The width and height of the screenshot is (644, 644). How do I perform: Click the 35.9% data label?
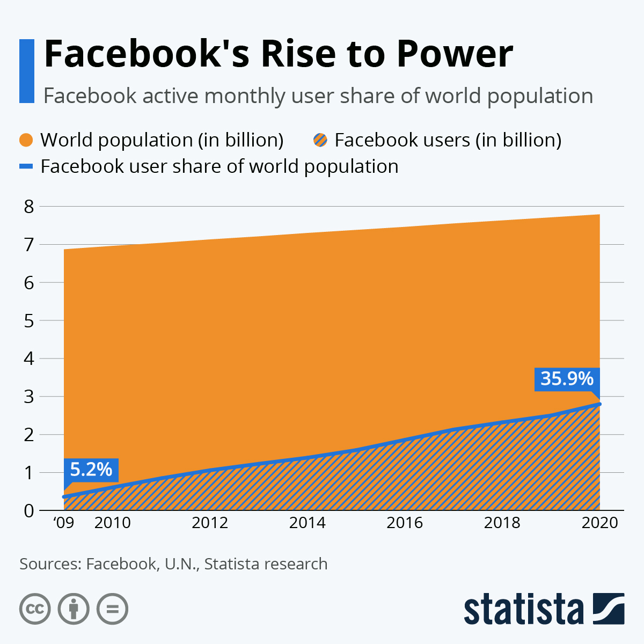tap(567, 379)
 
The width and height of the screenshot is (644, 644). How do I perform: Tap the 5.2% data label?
tap(91, 470)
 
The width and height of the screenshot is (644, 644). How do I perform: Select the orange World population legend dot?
tap(27, 140)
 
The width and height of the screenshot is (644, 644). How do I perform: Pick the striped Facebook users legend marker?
tap(320, 140)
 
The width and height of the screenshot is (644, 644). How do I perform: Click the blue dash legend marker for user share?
tap(26, 167)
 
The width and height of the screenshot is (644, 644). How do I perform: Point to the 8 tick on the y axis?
tap(29, 207)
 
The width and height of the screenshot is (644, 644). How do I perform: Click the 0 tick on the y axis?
tap(29, 510)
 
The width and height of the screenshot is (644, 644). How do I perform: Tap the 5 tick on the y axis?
tap(29, 321)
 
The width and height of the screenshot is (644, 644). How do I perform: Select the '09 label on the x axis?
tap(64, 523)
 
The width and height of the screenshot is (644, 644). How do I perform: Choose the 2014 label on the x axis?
tap(307, 523)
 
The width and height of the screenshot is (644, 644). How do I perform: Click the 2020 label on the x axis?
tap(599, 523)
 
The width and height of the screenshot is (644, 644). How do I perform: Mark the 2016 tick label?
tap(405, 523)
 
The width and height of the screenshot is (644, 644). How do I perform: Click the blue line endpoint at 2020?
tap(599, 404)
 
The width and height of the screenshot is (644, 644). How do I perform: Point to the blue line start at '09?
tap(64, 496)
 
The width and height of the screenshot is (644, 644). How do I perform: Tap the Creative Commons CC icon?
tap(35, 609)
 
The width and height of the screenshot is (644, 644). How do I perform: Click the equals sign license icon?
tap(112, 609)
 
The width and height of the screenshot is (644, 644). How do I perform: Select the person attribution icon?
tap(74, 609)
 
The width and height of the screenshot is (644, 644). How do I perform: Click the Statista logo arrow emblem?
tap(609, 609)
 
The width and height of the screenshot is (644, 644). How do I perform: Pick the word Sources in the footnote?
tap(49, 564)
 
